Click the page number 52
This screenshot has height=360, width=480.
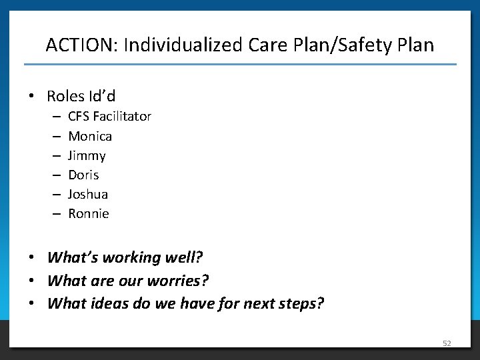coord(447,343)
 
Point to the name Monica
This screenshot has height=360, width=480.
coord(90,136)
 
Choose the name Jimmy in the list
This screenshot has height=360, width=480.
coord(87,155)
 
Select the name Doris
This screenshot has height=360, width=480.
coord(83,175)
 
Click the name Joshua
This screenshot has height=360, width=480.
coord(88,194)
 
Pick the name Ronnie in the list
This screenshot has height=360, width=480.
coord(89,213)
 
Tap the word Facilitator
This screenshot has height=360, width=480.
coord(122,117)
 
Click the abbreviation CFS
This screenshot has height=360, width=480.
coord(79,117)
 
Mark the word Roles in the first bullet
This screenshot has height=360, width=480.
coord(66,97)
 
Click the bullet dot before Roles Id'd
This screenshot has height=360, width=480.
coord(32,97)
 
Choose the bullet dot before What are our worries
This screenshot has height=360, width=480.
coord(32,281)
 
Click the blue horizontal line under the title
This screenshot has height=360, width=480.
coord(240,64)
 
